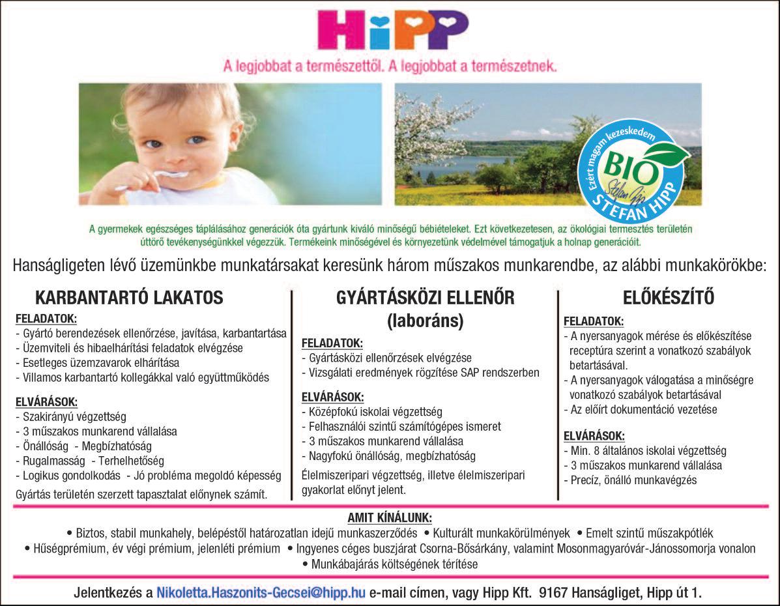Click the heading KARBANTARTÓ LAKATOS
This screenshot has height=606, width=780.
[129, 298]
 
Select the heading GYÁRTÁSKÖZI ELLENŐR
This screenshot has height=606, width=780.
[426, 298]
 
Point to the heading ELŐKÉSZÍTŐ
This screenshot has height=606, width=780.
[669, 298]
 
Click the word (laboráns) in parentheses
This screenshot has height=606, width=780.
[425, 321]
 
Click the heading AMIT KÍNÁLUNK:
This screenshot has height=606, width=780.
[390, 518]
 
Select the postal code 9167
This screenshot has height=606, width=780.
[554, 593]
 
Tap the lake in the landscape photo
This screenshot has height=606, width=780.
[456, 166]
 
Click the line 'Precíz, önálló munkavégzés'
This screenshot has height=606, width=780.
[633, 480]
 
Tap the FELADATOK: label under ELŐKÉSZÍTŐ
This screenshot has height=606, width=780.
[593, 321]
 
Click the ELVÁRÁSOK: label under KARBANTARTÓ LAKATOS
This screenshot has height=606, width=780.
[46, 401]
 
